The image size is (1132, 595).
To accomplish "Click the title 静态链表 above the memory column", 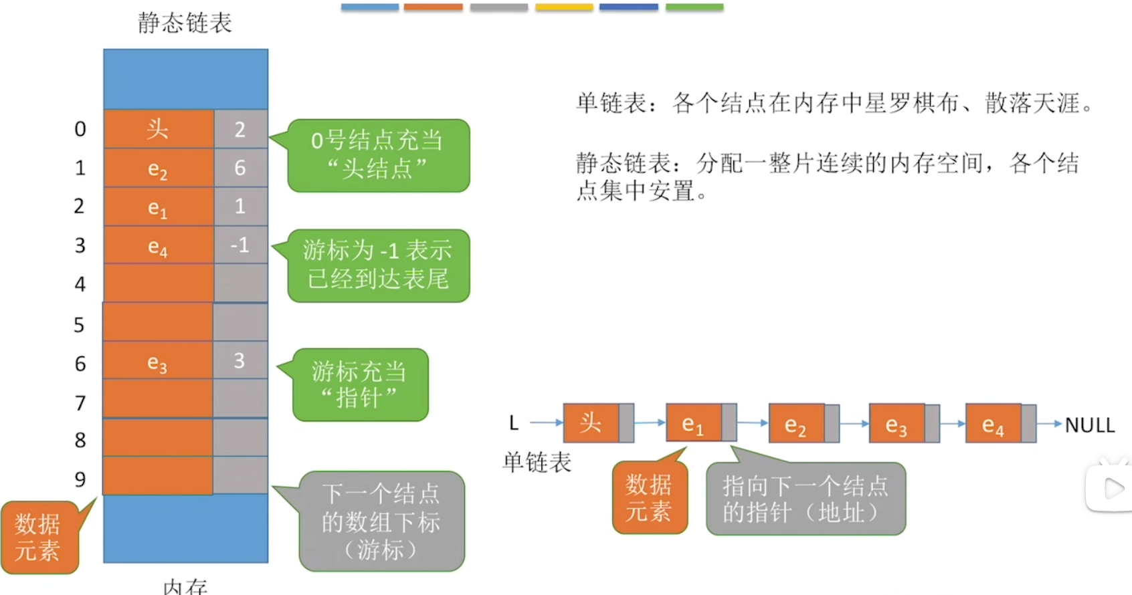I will pyautogui.click(x=185, y=23).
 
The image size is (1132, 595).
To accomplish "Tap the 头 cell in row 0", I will pyautogui.click(x=159, y=129).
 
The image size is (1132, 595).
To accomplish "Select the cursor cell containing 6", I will pyautogui.click(x=240, y=168).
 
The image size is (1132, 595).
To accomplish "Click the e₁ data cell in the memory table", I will pyautogui.click(x=159, y=207).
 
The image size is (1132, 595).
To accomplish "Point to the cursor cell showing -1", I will pyautogui.click(x=240, y=245).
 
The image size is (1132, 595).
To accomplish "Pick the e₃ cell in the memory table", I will pyautogui.click(x=158, y=362).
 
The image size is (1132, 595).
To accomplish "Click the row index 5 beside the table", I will pyautogui.click(x=79, y=325).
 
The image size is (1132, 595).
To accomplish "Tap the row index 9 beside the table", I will pyautogui.click(x=80, y=479).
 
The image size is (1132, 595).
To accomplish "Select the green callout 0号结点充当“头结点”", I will pyautogui.click(x=378, y=155).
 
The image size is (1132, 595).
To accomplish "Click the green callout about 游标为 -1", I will pyautogui.click(x=378, y=265).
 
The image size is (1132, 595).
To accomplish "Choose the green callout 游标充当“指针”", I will pyautogui.click(x=360, y=384).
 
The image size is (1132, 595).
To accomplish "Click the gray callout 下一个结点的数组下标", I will pyautogui.click(x=381, y=521).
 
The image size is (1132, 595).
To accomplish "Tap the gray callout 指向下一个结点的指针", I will pyautogui.click(x=806, y=499).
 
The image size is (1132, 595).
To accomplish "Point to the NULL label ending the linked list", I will pyautogui.click(x=1089, y=425).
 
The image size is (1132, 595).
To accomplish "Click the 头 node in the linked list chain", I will pyautogui.click(x=591, y=423).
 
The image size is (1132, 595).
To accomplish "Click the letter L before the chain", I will pyautogui.click(x=514, y=423).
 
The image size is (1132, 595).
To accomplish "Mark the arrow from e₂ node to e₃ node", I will pyautogui.click(x=854, y=423).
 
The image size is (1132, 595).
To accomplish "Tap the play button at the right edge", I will pyautogui.click(x=1112, y=489).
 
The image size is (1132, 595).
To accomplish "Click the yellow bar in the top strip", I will pyautogui.click(x=564, y=7).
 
